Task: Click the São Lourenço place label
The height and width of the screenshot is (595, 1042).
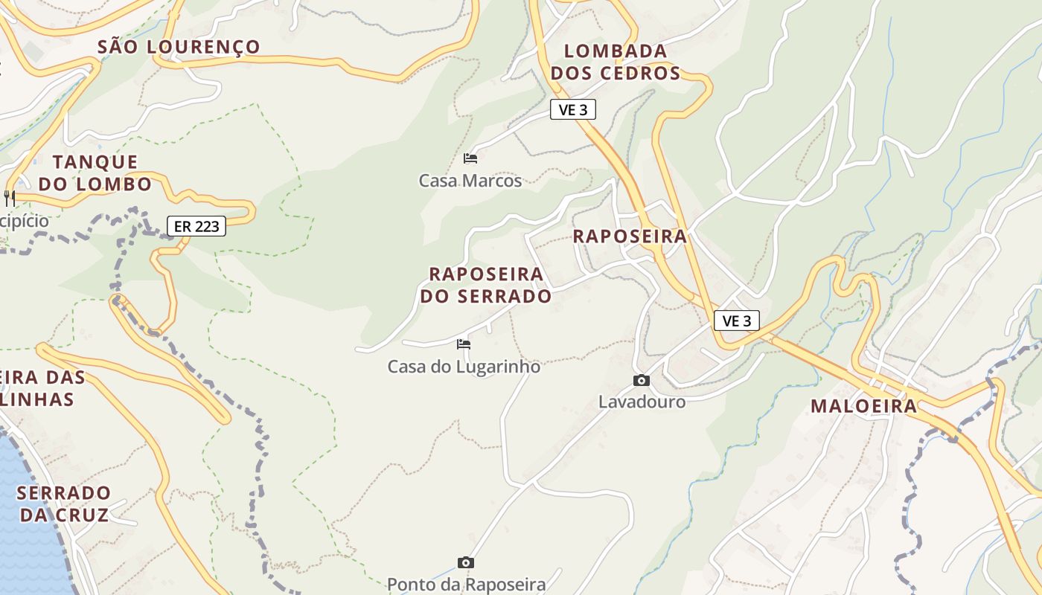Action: coord(179,47)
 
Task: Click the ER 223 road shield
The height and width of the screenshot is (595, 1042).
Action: coord(196,226)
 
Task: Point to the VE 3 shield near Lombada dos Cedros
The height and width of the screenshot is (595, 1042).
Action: coord(573,110)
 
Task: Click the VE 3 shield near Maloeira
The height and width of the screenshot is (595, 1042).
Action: coord(737,321)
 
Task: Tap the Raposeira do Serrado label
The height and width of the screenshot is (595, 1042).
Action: coord(486,285)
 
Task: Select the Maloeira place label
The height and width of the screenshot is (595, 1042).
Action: coord(864,406)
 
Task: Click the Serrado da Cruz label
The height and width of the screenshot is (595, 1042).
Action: coord(64,504)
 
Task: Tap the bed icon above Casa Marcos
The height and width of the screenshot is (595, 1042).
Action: coord(470,158)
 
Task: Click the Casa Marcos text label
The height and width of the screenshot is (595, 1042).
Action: coord(470,181)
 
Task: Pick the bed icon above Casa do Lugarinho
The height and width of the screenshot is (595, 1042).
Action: coord(464,344)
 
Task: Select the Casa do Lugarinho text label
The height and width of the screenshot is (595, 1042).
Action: coord(464,367)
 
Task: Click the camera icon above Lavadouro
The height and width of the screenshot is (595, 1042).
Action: coord(642,380)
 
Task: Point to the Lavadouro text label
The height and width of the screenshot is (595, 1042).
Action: coord(642,402)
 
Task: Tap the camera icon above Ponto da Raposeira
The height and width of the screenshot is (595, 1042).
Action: coord(466,562)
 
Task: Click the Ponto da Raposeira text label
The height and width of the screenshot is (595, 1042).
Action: coord(466,585)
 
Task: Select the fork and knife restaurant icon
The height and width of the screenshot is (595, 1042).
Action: coord(10,198)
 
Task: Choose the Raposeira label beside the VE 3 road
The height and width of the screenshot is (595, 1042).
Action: coord(630,237)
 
